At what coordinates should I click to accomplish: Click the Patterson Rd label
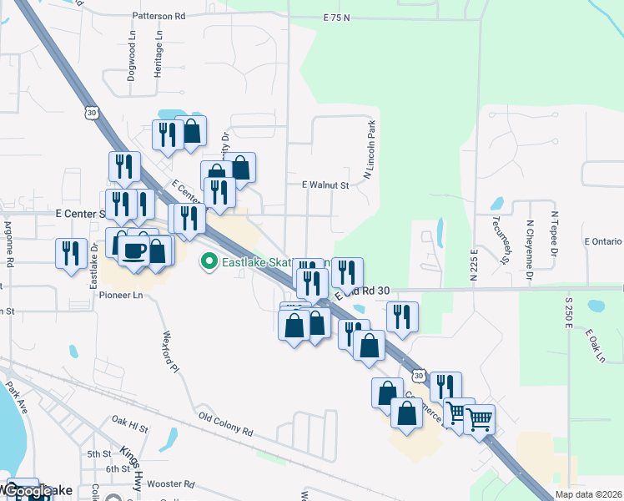tap(158, 16)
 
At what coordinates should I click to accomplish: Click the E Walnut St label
tap(325, 185)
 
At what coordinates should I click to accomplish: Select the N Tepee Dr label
tap(554, 232)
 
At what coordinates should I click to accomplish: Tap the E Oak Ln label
tap(595, 345)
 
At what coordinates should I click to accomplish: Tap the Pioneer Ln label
tap(122, 295)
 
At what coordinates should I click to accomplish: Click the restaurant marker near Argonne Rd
tap(70, 253)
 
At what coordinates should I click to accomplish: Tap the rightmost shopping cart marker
tap(479, 417)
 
